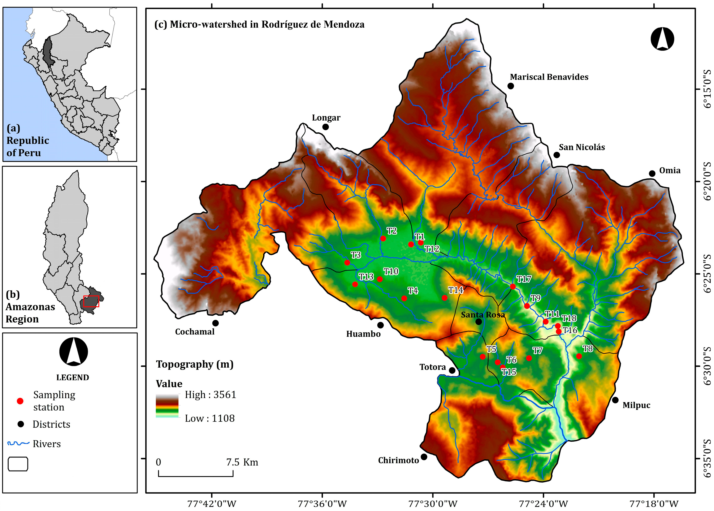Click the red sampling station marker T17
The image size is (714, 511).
tap(513, 286)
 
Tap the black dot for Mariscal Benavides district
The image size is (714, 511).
tap(511, 86)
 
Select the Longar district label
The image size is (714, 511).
tap(326, 118)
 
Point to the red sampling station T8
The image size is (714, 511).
tap(579, 356)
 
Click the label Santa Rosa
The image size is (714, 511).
tap(483, 315)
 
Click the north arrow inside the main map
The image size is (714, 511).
tap(662, 39)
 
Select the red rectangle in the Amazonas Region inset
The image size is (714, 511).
tap(91, 301)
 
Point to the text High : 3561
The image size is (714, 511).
tap(210, 395)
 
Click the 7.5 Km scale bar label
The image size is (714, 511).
tap(242, 462)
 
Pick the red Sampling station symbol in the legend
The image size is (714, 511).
tap(20, 401)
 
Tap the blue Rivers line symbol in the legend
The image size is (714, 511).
tap(18, 444)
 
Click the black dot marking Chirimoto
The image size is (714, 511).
tap(424, 456)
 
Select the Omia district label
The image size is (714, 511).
tap(670, 170)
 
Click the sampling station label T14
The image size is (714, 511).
tap(456, 290)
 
